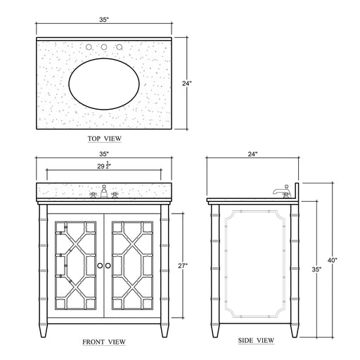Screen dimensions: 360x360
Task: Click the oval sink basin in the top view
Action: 103,82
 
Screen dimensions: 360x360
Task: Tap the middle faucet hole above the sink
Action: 103,48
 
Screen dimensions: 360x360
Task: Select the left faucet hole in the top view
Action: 90,48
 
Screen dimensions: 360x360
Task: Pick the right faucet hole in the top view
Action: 117,48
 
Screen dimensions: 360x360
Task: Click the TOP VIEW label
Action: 103,139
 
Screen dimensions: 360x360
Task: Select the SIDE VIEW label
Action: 255,342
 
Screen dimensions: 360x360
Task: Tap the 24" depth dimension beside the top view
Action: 186,83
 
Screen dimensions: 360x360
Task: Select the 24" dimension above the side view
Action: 252,153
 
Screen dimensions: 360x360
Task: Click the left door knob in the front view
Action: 100,265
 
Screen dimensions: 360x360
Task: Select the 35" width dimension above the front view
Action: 103,153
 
